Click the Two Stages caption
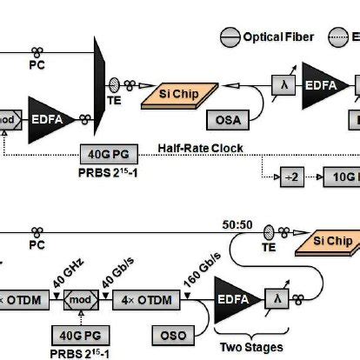click(x=252, y=347)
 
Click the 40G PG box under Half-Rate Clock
click(x=104, y=155)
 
